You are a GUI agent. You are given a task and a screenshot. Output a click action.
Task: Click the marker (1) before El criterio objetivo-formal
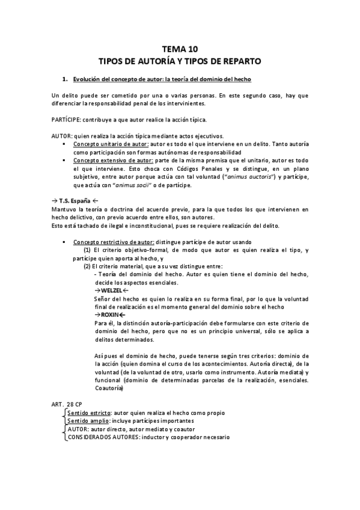click(x=87, y=250)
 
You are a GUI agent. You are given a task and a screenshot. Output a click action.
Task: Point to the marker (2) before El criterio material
click(x=87, y=266)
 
